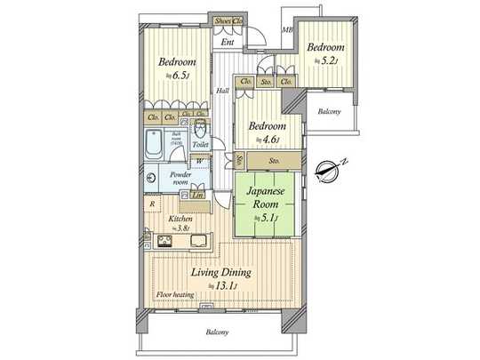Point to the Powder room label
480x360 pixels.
coord(182,179)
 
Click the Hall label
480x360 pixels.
coord(223,91)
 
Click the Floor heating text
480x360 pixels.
coord(176,294)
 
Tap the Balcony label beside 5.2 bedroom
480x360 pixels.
coord(330,111)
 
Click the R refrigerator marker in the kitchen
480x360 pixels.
coord(154,204)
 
